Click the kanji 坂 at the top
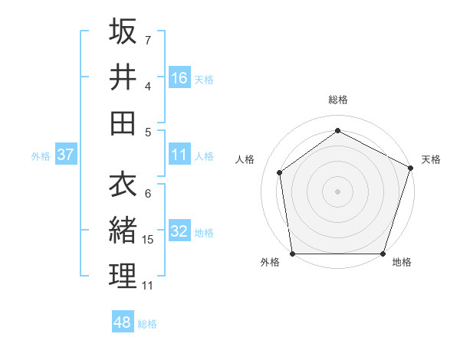click(x=123, y=31)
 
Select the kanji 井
click(x=123, y=77)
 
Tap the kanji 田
click(x=123, y=123)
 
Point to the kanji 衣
click(x=123, y=184)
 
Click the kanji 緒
click(x=123, y=230)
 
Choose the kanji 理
click(x=123, y=276)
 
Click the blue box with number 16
click(x=179, y=78)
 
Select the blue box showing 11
click(x=179, y=155)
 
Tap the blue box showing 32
click(x=179, y=232)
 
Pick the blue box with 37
click(x=65, y=155)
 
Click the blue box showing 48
click(x=123, y=322)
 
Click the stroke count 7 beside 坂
click(x=147, y=39)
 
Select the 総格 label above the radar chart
click(x=337, y=100)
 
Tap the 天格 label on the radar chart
click(x=431, y=159)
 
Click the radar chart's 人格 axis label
click(x=245, y=159)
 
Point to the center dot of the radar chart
click(x=337, y=191)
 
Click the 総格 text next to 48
click(x=147, y=324)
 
